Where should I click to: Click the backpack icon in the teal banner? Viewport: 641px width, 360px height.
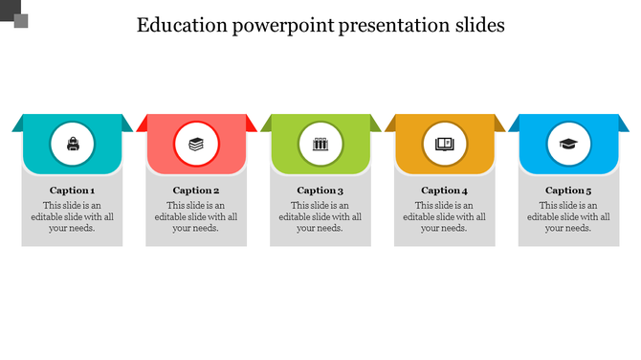72,146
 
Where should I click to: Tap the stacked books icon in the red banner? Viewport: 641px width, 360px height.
196,146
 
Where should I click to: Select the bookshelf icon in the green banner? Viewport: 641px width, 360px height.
320,146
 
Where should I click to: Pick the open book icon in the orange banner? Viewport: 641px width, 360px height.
445,146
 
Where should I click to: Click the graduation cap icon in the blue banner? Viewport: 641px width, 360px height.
569,146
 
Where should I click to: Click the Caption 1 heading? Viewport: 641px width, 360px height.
72,191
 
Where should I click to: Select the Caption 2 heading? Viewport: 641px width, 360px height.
196,191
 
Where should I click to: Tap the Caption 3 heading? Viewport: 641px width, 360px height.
320,191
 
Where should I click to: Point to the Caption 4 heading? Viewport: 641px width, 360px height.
445,191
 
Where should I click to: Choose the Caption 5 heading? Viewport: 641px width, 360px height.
569,191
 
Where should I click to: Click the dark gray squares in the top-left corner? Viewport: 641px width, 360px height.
15,15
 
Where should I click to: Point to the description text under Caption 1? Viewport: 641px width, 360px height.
72,217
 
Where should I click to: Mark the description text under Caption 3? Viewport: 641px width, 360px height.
320,217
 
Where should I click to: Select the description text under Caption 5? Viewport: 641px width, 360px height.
569,217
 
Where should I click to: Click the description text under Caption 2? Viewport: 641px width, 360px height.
196,217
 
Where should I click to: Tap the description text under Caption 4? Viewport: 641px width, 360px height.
445,217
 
